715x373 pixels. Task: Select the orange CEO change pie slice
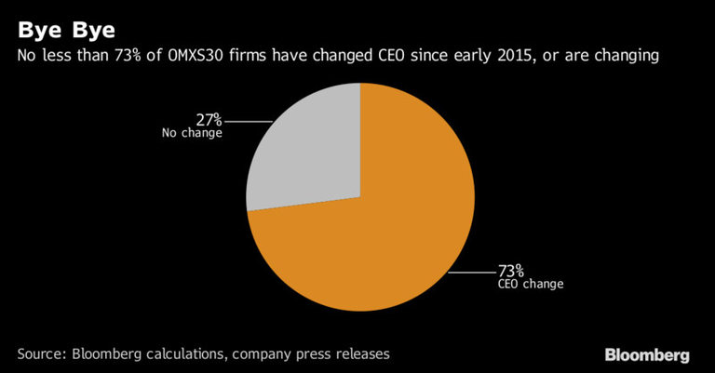(x=372, y=233)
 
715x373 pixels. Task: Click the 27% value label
(x=209, y=120)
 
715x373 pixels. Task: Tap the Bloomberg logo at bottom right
(x=647, y=354)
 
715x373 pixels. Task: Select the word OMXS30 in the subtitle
(x=204, y=58)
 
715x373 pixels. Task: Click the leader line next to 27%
(x=248, y=121)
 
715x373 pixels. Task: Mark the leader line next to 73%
(x=471, y=273)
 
